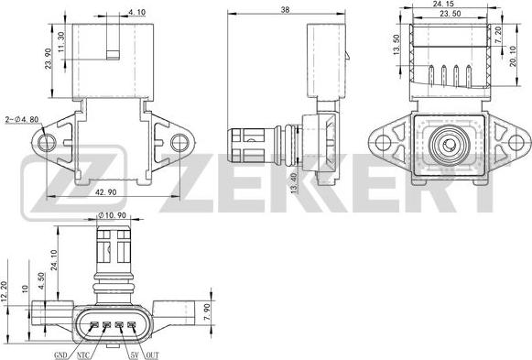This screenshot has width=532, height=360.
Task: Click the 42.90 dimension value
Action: click(x=105, y=192)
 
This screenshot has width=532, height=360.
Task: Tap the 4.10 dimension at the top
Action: click(x=137, y=12)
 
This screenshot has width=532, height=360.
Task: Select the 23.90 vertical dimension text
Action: click(x=48, y=59)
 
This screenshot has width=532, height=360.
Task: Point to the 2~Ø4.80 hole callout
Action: click(x=22, y=119)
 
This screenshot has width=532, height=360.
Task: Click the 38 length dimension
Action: click(x=286, y=10)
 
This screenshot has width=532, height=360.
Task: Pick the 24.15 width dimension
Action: click(x=443, y=4)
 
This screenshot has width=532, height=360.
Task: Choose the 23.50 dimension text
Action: click(x=451, y=13)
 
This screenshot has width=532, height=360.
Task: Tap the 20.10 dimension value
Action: click(x=513, y=56)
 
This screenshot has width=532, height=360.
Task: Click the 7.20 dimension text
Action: click(x=498, y=35)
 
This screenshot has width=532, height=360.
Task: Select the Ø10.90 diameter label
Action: click(x=112, y=215)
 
